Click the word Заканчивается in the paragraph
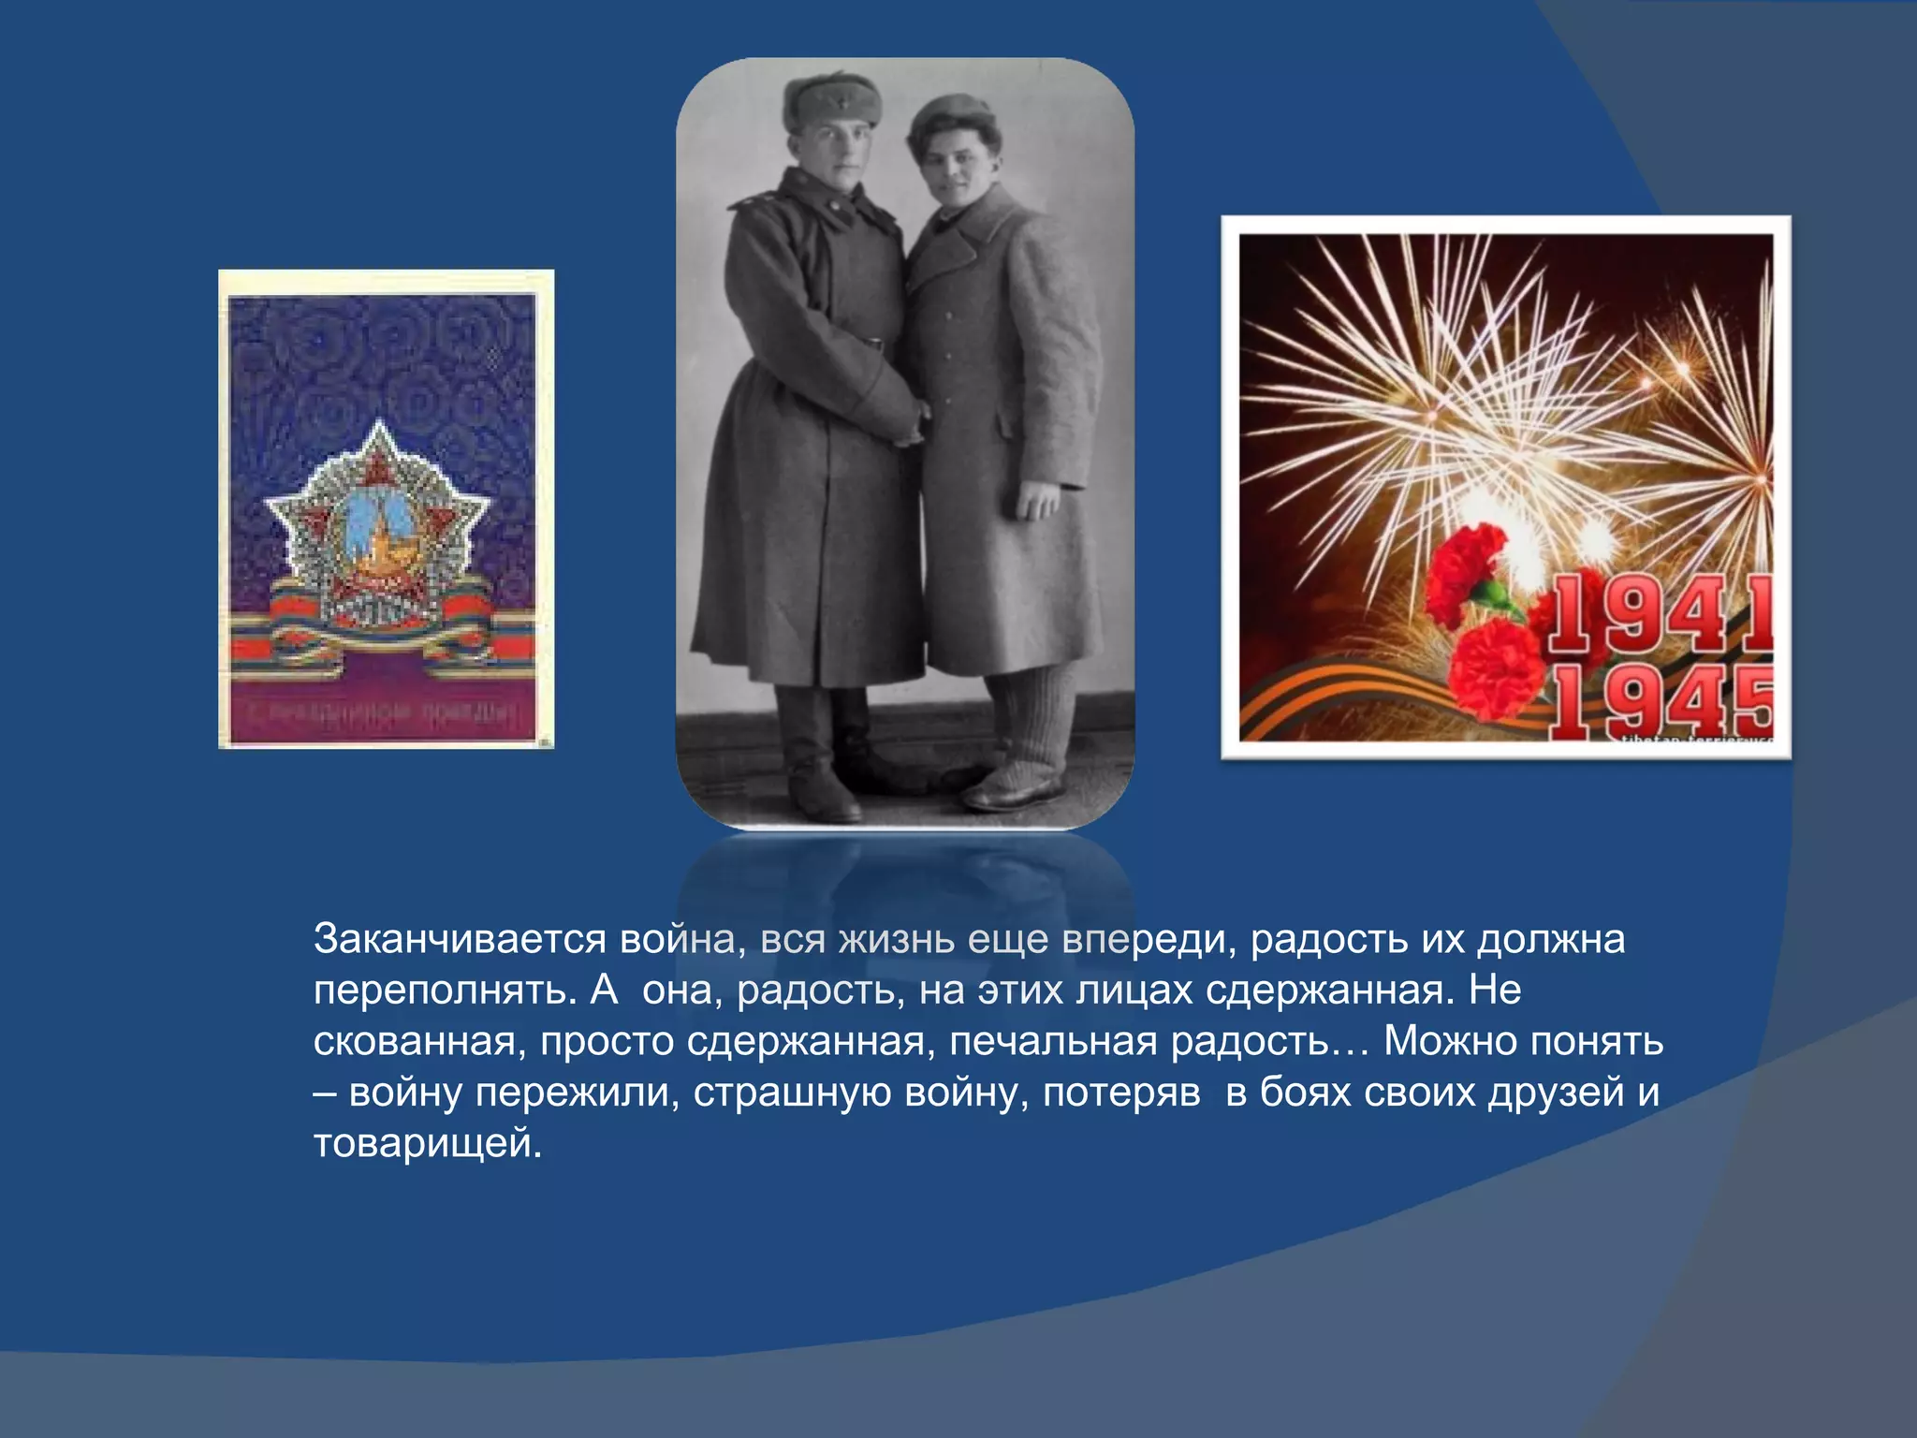(x=460, y=939)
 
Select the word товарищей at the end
(x=427, y=1143)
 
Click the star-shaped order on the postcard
(x=378, y=524)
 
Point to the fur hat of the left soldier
(x=832, y=101)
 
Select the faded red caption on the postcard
(x=382, y=714)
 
